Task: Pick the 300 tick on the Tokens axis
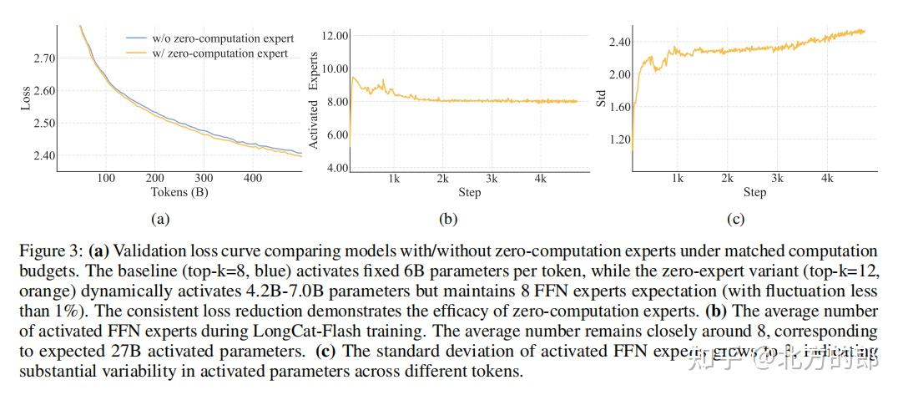pos(204,178)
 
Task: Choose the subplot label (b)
pos(446,220)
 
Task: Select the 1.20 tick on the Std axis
pos(620,139)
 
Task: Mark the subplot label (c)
pos(736,220)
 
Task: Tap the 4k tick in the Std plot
pos(827,179)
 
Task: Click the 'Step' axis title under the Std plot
pos(754,192)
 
